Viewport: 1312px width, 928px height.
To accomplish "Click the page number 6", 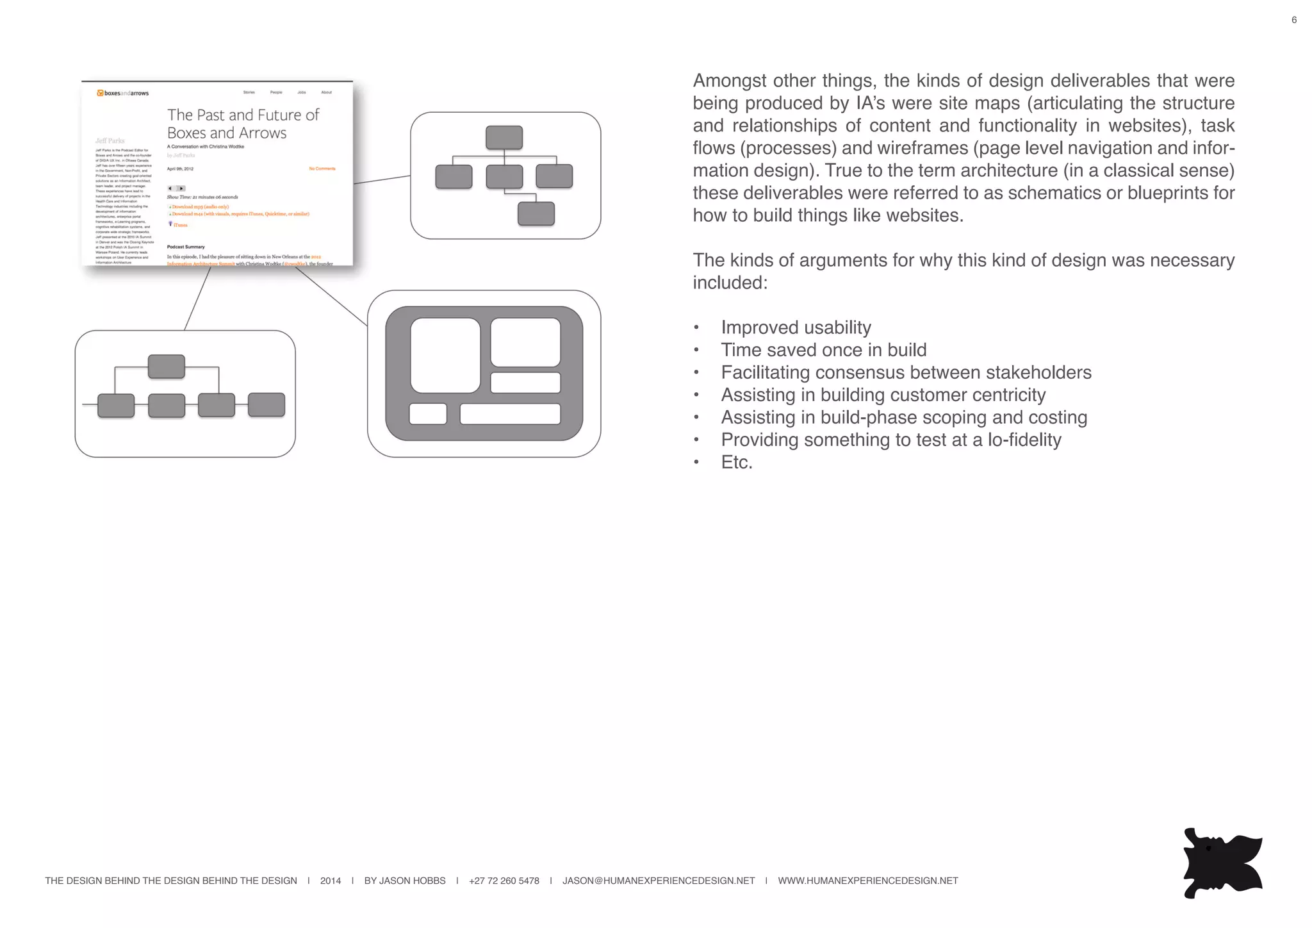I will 1293,20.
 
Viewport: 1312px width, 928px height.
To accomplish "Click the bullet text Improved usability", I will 796,327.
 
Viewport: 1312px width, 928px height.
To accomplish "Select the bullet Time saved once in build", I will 823,350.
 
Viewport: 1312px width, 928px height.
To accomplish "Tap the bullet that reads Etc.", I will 737,462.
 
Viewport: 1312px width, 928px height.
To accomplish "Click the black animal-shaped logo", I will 1221,863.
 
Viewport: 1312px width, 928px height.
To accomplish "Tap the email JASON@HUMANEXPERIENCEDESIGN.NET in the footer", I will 658,881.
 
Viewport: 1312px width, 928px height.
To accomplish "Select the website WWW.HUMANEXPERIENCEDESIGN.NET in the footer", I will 867,881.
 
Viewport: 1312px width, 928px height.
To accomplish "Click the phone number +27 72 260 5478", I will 504,881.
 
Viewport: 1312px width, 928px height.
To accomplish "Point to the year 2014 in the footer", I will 330,881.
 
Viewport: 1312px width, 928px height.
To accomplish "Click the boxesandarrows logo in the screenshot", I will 122,93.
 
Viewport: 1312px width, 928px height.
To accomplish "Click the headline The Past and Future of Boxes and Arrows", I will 242,124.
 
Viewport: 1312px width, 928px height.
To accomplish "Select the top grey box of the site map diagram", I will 504,138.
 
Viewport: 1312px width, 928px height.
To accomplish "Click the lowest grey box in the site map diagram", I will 536,213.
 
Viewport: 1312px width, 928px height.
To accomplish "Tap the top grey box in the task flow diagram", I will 166,367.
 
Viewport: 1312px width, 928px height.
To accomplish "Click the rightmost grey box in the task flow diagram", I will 266,405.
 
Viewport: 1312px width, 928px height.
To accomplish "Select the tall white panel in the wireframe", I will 445,355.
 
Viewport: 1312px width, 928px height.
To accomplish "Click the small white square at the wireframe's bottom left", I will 427,414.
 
